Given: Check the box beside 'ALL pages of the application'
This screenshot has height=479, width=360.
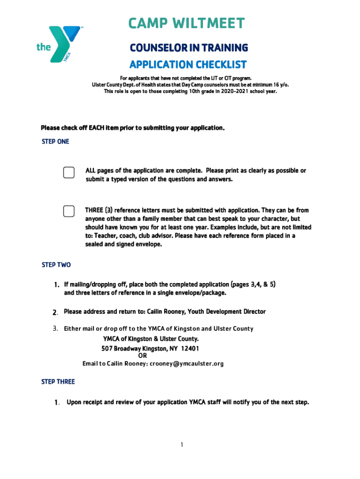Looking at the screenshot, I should pyautogui.click(x=69, y=172).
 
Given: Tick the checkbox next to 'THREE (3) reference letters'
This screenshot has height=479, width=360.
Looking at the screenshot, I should pyautogui.click(x=69, y=211).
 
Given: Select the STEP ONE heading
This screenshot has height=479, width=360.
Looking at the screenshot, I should pyautogui.click(x=55, y=141).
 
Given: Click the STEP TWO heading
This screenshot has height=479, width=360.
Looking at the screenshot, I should pyautogui.click(x=56, y=265).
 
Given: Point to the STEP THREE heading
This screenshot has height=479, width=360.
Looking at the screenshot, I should pyautogui.click(x=58, y=382).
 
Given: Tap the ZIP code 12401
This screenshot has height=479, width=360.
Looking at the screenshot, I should pyautogui.click(x=190, y=348).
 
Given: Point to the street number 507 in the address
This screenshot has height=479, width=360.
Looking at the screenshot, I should pyautogui.click(x=108, y=348).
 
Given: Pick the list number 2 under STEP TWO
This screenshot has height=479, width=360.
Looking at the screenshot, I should pyautogui.click(x=55, y=312).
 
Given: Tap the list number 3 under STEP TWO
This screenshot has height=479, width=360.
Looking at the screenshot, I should pyautogui.click(x=55, y=328).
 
